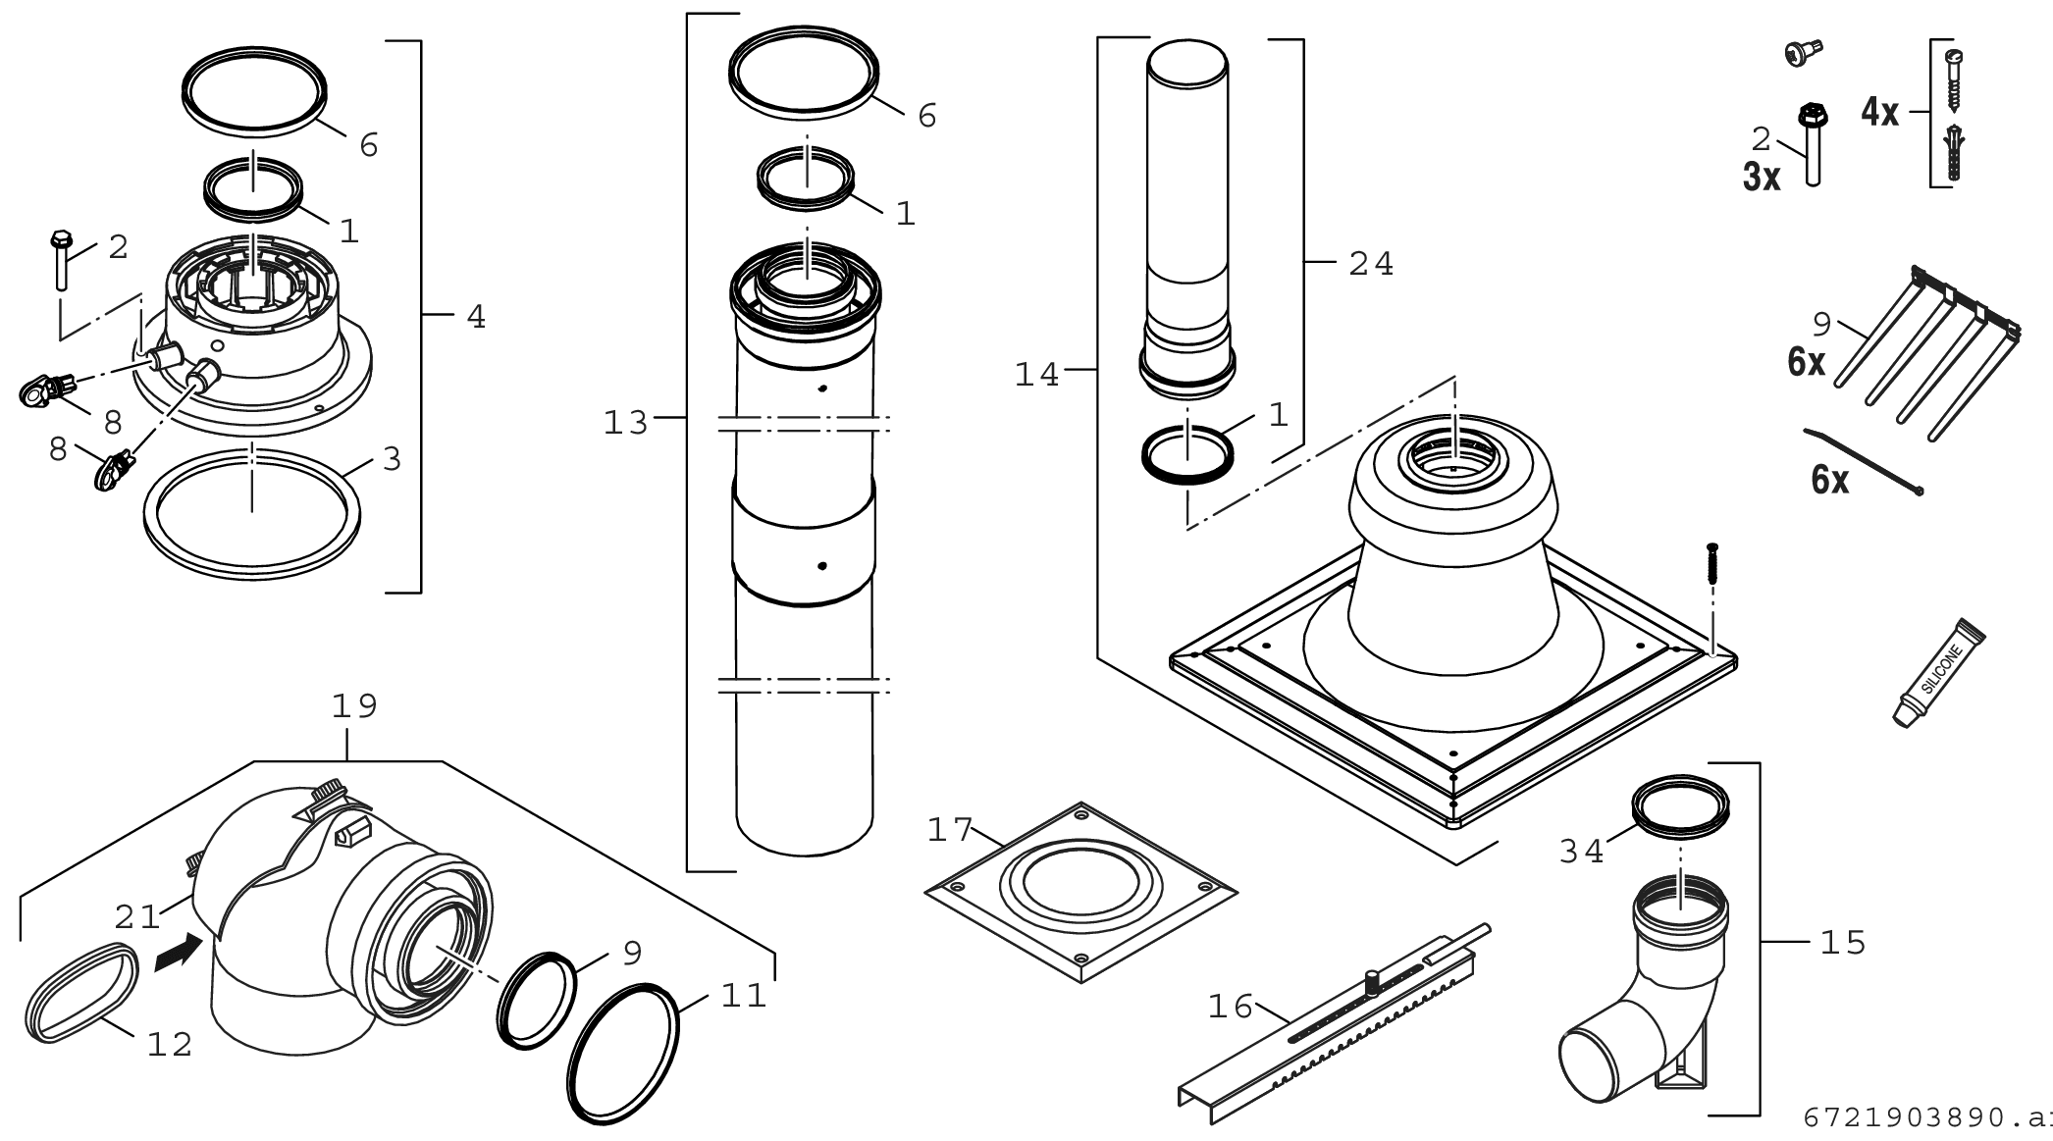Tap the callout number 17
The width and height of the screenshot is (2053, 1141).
click(948, 831)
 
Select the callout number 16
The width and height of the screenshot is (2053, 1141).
click(1230, 1007)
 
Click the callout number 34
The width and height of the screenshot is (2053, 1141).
click(1582, 851)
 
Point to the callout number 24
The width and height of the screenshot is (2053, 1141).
click(1371, 264)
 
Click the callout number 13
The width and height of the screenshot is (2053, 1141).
click(626, 423)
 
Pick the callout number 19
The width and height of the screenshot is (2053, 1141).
click(354, 706)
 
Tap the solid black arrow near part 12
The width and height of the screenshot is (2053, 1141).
click(178, 952)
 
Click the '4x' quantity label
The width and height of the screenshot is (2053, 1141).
click(1879, 113)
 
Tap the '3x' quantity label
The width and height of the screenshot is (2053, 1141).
click(1762, 178)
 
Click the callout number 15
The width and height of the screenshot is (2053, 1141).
click(1842, 943)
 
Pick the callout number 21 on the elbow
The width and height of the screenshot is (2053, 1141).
click(136, 917)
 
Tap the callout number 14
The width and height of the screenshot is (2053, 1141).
click(1037, 375)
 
